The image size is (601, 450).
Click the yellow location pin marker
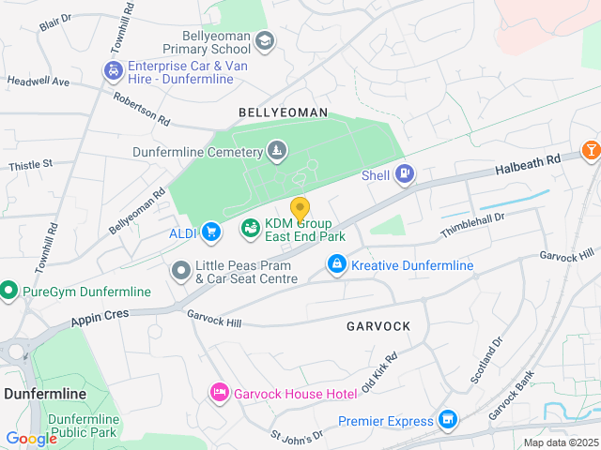point(300,209)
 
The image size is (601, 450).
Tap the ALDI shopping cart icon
point(211,231)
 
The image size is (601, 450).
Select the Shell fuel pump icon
point(404,172)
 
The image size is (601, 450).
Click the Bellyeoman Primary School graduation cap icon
point(265,40)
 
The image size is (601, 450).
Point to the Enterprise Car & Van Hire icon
point(113,70)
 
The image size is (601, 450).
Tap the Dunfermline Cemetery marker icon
point(276,149)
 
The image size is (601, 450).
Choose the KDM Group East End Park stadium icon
point(250,227)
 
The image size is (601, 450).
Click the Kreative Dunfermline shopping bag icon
point(336,266)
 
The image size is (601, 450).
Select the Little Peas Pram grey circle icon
point(180,271)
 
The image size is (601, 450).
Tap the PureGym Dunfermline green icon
point(8,292)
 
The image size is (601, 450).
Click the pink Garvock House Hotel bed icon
point(219,392)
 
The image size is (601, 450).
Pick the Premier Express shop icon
point(448,419)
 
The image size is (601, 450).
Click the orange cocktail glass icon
point(592,149)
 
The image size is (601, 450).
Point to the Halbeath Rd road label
point(528,163)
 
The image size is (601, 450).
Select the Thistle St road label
point(30,165)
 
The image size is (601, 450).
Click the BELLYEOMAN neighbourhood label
point(283,112)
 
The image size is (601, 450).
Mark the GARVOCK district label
point(378,326)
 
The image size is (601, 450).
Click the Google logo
point(31,438)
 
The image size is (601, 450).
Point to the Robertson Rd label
point(142,109)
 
